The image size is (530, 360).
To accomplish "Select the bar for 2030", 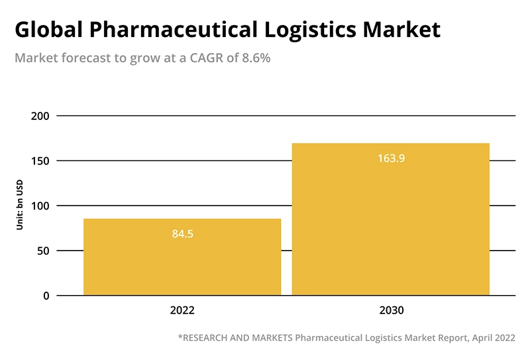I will [391, 219].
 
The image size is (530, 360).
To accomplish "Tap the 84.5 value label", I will [182, 234].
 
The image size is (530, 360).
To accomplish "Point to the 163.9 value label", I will [391, 158].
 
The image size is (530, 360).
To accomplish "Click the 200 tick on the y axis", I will [40, 116].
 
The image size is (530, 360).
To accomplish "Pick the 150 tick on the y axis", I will [40, 161].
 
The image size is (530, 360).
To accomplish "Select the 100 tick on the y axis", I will [40, 206].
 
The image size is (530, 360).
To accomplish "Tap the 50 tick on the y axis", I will [43, 251].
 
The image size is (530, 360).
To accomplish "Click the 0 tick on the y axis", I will [46, 296].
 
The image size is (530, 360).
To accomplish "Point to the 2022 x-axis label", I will [182, 310].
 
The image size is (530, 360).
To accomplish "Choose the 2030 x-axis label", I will [391, 310].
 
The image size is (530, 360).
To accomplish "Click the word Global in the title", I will [50, 30].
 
